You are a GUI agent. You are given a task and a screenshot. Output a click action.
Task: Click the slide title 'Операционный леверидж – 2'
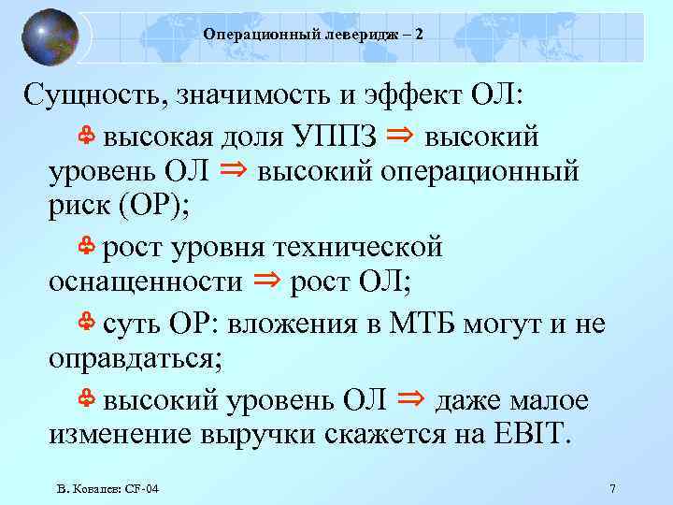click(x=312, y=34)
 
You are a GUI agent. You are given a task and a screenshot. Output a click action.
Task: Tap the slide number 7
click(x=611, y=489)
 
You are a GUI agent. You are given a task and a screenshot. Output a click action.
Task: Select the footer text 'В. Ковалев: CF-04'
click(x=107, y=489)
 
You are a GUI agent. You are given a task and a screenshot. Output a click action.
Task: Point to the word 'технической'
click(x=365, y=248)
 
